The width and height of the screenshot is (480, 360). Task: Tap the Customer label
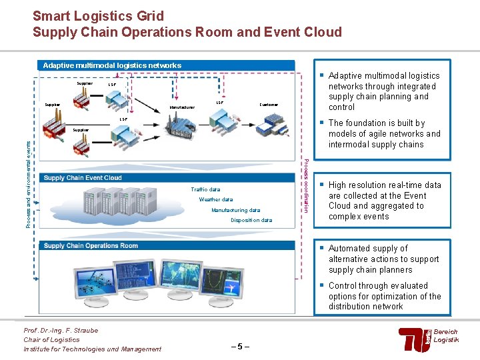coord(269,105)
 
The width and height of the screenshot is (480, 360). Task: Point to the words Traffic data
coord(205,189)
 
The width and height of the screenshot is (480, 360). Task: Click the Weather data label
coord(216,199)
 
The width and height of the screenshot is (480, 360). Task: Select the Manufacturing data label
coord(235,210)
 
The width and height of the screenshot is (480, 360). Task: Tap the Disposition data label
coord(251,220)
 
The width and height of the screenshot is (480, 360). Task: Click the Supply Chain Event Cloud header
coord(83,178)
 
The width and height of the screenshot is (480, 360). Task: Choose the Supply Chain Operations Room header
coord(91,245)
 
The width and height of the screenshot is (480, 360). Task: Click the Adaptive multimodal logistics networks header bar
coord(112,65)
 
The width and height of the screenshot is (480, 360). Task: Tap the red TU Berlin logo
coord(414,340)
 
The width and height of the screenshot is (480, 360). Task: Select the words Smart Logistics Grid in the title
coord(98,16)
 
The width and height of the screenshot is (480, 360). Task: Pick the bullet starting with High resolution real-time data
coord(385,201)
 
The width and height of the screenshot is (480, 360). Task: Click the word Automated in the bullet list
coord(349,249)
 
